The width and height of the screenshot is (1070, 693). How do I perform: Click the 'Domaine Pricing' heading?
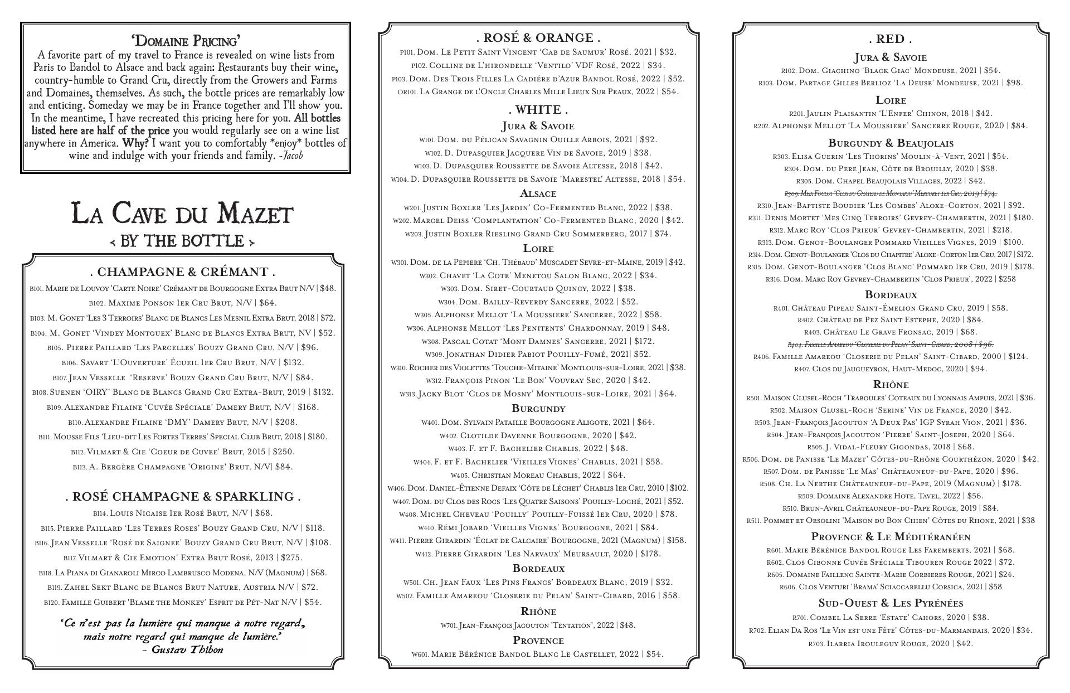click(186, 41)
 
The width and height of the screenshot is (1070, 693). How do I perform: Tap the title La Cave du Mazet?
click(182, 214)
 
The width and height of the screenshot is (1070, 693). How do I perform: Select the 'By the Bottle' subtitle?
click(182, 241)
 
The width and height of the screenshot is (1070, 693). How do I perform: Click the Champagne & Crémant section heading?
click(183, 272)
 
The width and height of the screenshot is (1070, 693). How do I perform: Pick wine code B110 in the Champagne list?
click(75, 423)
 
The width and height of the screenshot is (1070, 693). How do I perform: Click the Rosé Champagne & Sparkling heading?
click(183, 497)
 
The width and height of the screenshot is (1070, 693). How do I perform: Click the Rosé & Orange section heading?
click(538, 38)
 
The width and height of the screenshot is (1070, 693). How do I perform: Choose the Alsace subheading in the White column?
click(538, 193)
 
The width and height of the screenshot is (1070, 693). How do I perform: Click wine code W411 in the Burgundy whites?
click(397, 541)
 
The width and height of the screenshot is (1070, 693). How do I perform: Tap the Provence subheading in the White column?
click(538, 640)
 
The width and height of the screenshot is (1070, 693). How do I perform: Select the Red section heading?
click(890, 39)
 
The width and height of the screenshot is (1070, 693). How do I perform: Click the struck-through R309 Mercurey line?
click(890, 193)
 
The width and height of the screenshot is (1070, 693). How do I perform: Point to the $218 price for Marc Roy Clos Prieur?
click(1000, 230)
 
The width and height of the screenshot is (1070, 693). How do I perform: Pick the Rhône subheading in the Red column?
click(891, 385)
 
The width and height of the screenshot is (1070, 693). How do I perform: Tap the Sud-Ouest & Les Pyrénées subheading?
click(891, 603)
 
